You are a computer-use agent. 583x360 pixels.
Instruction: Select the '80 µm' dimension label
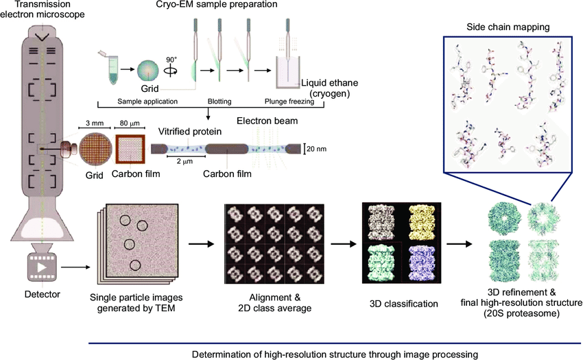coord(129,125)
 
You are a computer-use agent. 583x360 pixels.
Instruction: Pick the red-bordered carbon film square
coord(129,149)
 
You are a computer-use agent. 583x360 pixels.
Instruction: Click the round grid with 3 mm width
coord(93,149)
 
